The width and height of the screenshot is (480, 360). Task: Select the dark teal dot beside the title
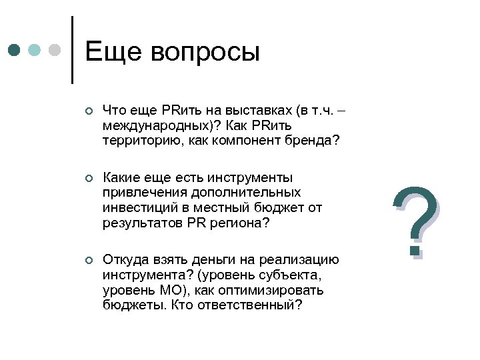point(15,51)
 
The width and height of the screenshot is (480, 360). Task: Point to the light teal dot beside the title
point(35,51)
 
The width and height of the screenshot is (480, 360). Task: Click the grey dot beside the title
point(55,51)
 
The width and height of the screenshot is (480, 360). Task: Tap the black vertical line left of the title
point(72,50)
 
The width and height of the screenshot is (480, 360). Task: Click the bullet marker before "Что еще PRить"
point(87,113)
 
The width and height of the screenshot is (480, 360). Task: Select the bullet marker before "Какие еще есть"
point(87,178)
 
